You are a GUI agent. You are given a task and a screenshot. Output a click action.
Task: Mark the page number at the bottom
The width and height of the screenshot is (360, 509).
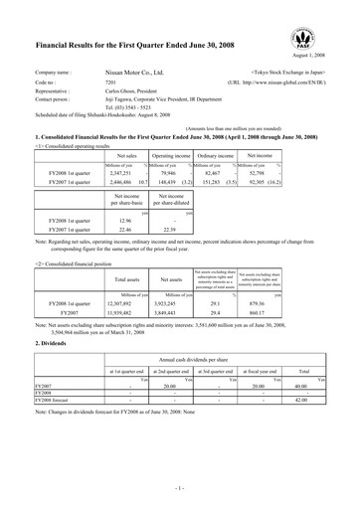179,491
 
